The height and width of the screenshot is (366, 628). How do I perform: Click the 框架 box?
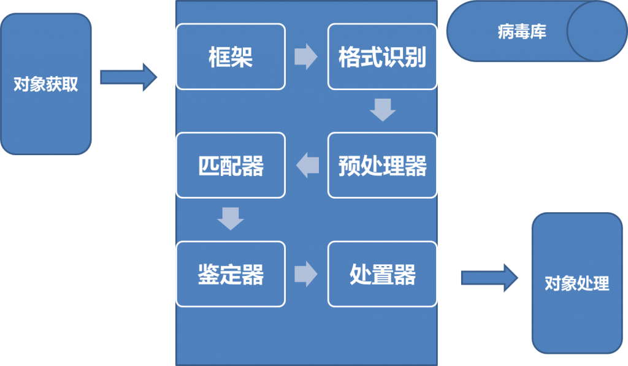[x=230, y=56]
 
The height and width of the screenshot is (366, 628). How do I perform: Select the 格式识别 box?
[x=382, y=56]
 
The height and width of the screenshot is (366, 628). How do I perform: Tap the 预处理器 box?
[x=382, y=166]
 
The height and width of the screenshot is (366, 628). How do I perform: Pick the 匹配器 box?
[x=230, y=166]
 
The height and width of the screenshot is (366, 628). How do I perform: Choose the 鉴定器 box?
[x=230, y=274]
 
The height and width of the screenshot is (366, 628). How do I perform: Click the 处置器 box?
[x=382, y=274]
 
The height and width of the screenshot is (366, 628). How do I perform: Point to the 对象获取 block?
[x=46, y=84]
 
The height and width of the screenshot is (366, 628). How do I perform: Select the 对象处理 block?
[x=576, y=283]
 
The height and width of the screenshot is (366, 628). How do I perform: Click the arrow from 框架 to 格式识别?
[x=306, y=57]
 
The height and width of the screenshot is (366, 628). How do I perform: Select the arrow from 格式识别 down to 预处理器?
[x=383, y=110]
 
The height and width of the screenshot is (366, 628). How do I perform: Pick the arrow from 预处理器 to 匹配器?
[x=308, y=166]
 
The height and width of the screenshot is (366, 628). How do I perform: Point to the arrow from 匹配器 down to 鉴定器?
[x=231, y=218]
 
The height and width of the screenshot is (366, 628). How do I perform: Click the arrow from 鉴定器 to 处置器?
[x=306, y=274]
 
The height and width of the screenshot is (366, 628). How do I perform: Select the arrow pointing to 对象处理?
[x=489, y=278]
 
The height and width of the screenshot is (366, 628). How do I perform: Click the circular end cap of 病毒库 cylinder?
[x=596, y=31]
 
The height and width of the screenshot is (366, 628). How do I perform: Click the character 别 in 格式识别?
[x=415, y=57]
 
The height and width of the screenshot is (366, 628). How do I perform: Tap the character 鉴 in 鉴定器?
[x=208, y=275]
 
